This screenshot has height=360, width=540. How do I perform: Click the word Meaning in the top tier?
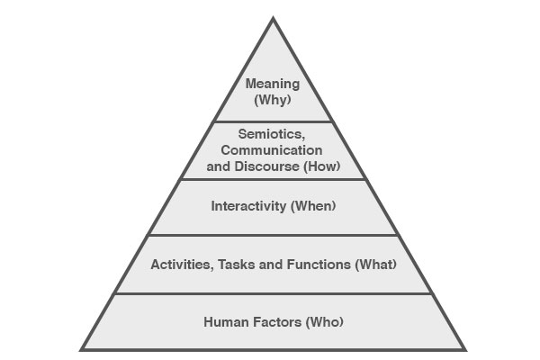click(x=273, y=84)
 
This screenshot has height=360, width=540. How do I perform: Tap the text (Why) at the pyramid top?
click(x=273, y=100)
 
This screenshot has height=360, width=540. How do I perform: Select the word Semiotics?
click(x=272, y=134)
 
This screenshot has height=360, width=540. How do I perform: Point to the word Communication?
click(x=272, y=150)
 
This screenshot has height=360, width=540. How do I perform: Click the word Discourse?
click(x=267, y=166)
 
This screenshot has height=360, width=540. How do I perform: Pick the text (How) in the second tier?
click(x=321, y=166)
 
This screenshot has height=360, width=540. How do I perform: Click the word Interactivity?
click(x=248, y=206)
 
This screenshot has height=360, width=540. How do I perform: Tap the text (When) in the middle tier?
click(x=313, y=206)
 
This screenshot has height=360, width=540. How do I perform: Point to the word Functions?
click(x=319, y=265)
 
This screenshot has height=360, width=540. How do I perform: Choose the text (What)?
click(x=375, y=265)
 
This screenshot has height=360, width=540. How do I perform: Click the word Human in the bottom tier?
click(x=227, y=322)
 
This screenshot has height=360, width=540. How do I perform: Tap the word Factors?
click(x=277, y=322)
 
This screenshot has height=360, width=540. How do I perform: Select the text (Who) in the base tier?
click(x=324, y=322)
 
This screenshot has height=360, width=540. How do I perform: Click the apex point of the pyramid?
click(x=273, y=16)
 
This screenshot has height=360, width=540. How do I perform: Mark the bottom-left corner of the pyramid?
click(x=80, y=350)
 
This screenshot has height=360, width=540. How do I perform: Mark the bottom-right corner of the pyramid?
click(x=466, y=350)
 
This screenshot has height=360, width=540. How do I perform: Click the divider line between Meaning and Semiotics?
click(x=273, y=121)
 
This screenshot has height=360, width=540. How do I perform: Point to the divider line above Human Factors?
click(x=273, y=294)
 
